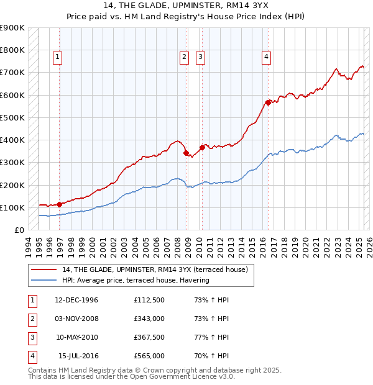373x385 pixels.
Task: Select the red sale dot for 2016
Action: [268, 102]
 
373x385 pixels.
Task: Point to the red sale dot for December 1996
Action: [59, 204]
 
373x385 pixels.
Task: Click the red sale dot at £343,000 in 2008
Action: [186, 152]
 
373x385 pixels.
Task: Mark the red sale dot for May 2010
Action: [202, 147]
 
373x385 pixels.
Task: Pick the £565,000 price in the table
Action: [149, 356]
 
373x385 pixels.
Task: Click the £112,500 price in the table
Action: [149, 300]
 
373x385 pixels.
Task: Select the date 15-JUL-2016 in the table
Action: [78, 356]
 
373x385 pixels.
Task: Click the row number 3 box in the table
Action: [32, 337]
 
